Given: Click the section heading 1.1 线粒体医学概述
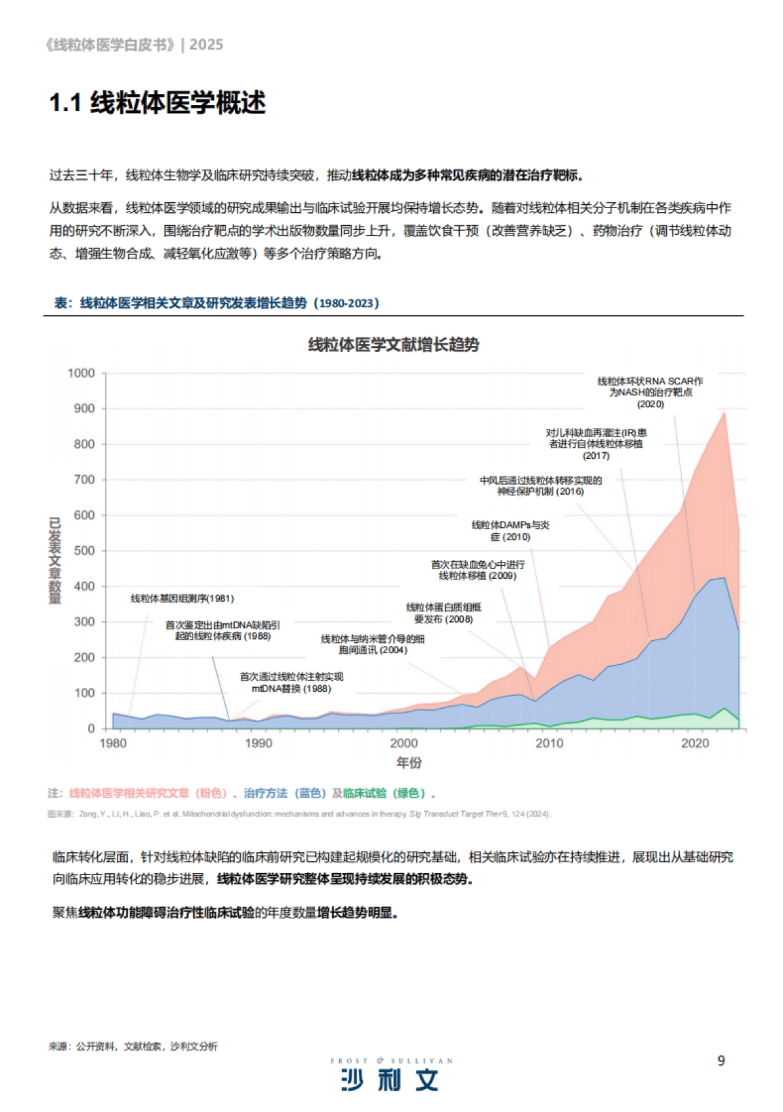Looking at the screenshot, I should point(157,103).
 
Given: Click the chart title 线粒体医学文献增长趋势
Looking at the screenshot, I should point(393,345).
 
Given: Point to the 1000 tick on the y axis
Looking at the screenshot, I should point(82,373).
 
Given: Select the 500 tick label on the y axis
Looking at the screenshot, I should point(84,551).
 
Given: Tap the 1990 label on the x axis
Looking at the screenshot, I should point(258,743).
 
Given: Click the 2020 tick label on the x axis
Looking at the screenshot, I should point(695,743).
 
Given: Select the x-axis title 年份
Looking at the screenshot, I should point(409,762).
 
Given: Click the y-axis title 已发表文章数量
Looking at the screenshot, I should point(55,561).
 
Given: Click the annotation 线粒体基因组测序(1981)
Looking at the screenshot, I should point(182,598).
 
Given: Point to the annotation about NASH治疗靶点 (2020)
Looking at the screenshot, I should point(650,392).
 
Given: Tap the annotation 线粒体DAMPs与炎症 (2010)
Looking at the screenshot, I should point(510,531).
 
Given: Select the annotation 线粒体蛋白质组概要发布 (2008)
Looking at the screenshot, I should point(443,613).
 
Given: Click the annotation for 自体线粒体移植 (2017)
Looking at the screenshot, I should point(596,444).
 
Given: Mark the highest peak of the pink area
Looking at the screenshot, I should point(724,412).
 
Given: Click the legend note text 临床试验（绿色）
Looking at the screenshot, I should point(384,793).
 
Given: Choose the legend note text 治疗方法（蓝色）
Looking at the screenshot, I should point(284,793).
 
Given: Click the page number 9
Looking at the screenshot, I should point(721,1060).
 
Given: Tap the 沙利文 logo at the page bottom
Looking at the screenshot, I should point(390,1080).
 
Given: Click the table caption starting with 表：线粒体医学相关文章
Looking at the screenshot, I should point(217,303).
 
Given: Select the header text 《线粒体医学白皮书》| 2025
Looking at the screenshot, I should point(134,44).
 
